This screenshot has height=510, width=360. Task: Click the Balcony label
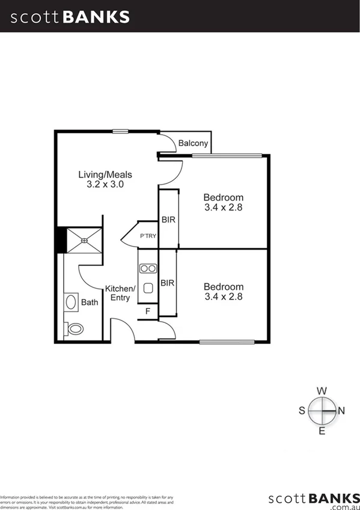pyautogui.click(x=193, y=143)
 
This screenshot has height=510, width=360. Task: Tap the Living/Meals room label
pyautogui.click(x=105, y=175)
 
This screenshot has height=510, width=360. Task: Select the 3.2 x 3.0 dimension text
pyautogui.click(x=105, y=185)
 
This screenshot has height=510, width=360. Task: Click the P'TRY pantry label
pyautogui.click(x=148, y=236)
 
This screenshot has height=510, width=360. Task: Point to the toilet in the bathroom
pyautogui.click(x=75, y=328)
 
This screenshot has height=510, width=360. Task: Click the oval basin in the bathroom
pyautogui.click(x=70, y=302)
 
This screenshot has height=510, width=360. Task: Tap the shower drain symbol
pyautogui.click(x=84, y=241)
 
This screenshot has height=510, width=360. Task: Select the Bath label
pyautogui.click(x=90, y=303)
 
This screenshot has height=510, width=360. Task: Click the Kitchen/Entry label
pyautogui.click(x=121, y=293)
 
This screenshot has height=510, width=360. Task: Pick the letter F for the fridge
pyautogui.click(x=147, y=311)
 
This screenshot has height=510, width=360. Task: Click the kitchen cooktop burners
pyautogui.click(x=148, y=268)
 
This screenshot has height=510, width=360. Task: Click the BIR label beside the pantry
pyautogui.click(x=168, y=220)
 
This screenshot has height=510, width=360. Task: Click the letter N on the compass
pyautogui.click(x=342, y=411)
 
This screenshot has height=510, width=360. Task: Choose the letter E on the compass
pyautogui.click(x=322, y=431)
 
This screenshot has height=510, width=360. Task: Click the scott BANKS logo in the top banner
pyautogui.click(x=70, y=17)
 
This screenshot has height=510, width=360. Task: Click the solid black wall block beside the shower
pyautogui.click(x=59, y=240)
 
